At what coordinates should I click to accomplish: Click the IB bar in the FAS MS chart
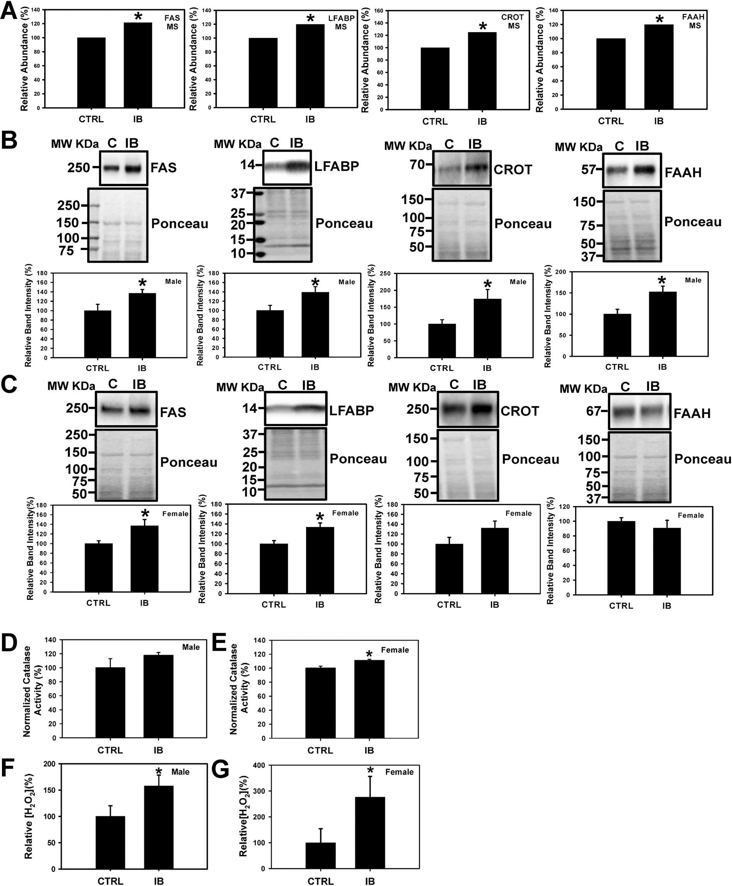(138, 65)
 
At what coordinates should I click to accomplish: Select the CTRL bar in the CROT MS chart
(435, 78)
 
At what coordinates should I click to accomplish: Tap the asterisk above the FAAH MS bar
(659, 19)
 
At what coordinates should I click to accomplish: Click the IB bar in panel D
(158, 696)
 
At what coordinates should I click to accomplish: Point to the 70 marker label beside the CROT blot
(417, 165)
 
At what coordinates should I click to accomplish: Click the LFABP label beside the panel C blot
(351, 410)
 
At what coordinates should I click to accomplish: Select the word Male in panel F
(180, 772)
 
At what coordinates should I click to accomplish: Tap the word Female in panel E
(395, 650)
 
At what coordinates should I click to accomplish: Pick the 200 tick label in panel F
(49, 764)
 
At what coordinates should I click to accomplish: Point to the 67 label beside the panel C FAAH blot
(593, 411)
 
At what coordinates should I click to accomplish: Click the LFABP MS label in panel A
(341, 22)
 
